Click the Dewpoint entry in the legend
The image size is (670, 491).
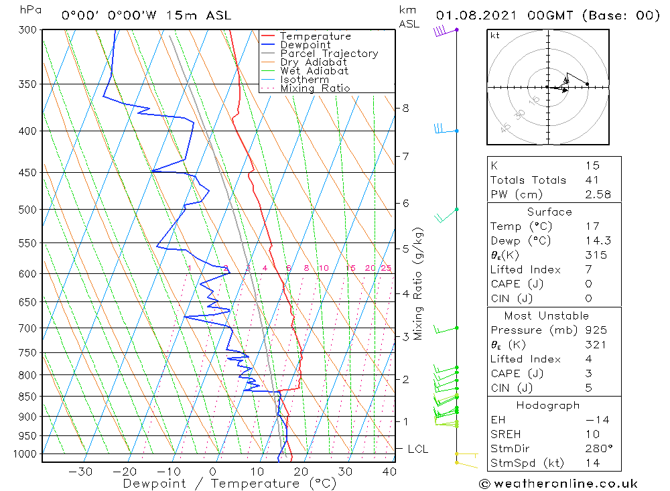[x=305, y=45]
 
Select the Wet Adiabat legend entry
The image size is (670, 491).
[x=314, y=71]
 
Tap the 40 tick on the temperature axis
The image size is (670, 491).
[x=389, y=472]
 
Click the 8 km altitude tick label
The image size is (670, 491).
[x=405, y=109]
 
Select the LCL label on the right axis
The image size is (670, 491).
[x=417, y=449]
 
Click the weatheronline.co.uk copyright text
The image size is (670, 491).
[x=558, y=484]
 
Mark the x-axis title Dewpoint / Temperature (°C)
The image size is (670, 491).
[x=230, y=484]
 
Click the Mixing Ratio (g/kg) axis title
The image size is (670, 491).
[x=419, y=284]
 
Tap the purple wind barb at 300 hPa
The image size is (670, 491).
[x=441, y=31]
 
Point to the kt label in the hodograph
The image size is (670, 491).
[x=495, y=36]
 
